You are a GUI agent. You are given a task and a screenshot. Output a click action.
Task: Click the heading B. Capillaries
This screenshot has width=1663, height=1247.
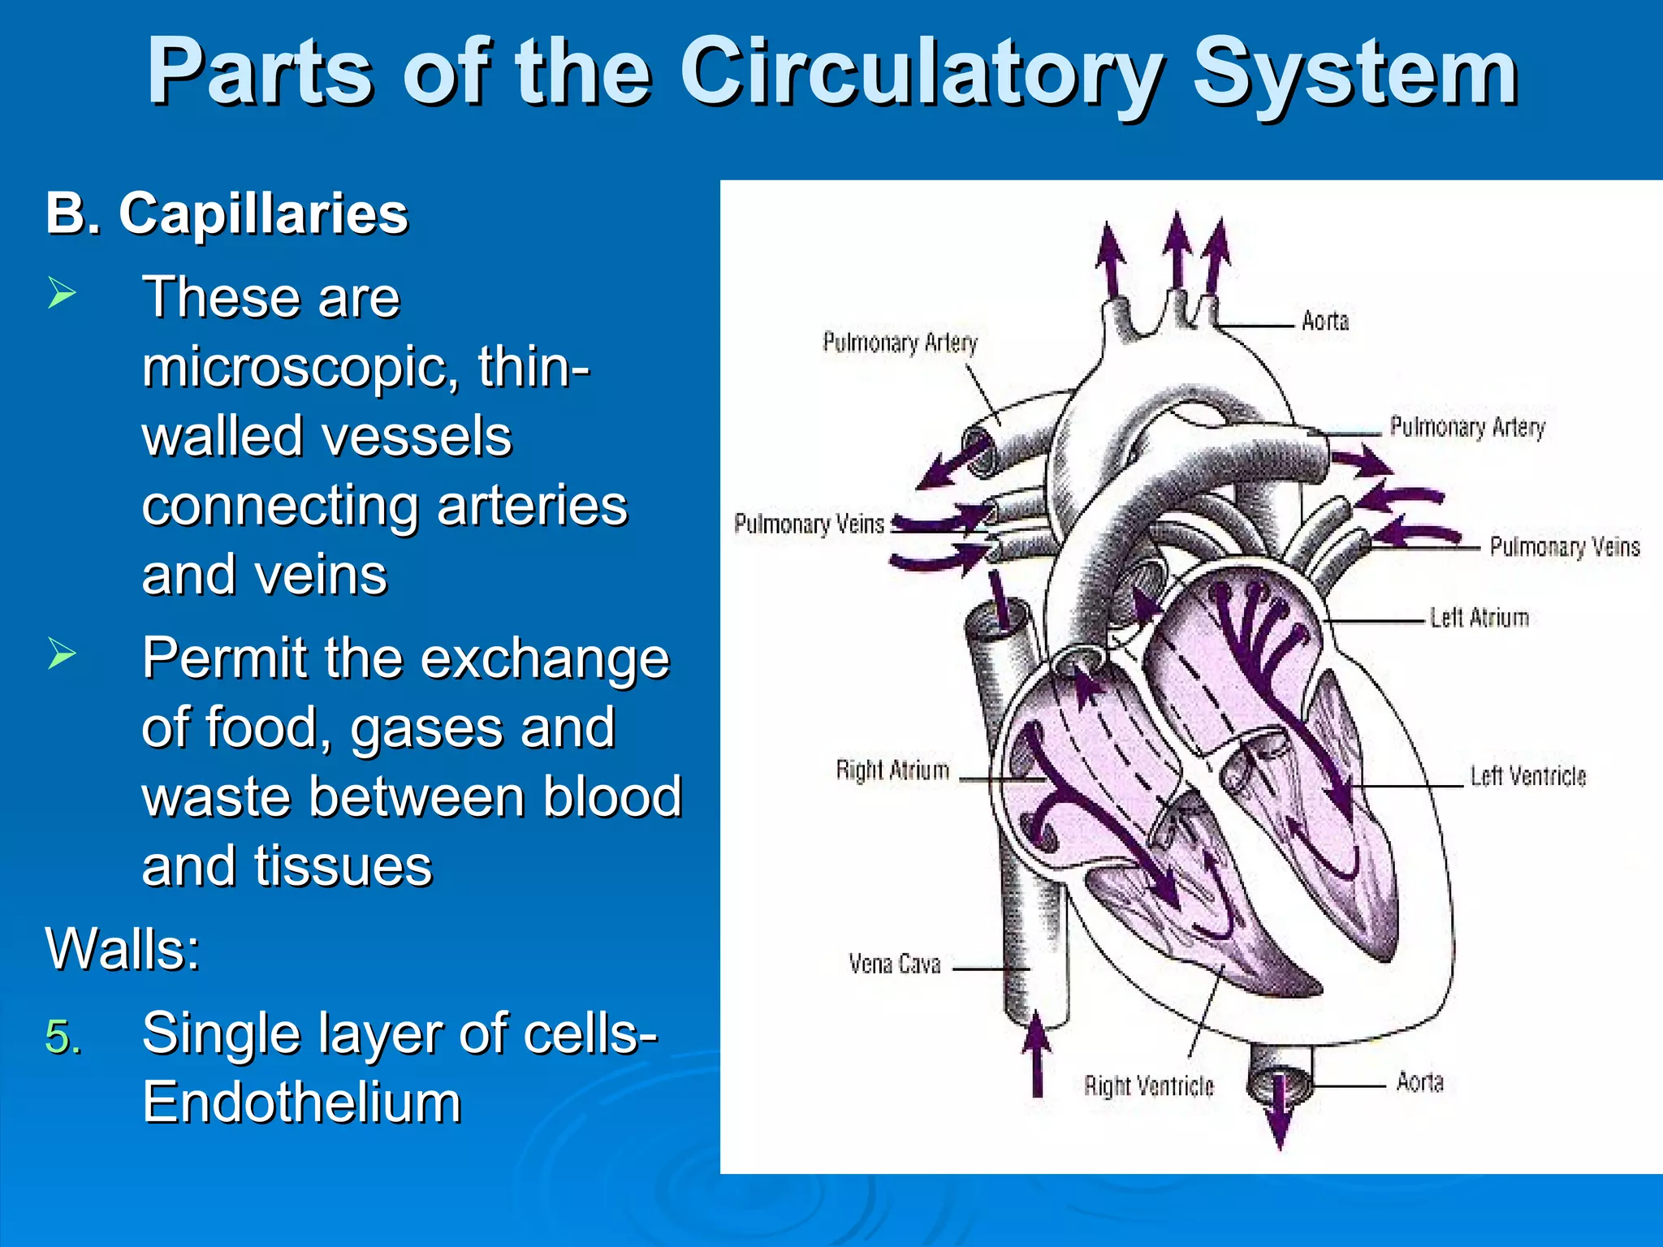[227, 214]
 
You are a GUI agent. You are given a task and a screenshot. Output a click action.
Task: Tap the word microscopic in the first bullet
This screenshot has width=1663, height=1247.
[293, 368]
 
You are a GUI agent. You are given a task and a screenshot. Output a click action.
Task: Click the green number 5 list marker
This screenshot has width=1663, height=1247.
[63, 1038]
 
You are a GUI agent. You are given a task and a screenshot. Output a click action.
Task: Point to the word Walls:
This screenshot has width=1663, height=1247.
[123, 948]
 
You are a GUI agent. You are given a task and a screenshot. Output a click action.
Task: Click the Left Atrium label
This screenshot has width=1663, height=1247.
[1479, 619]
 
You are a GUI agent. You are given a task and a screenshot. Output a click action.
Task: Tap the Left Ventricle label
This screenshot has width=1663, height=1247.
[1527, 777]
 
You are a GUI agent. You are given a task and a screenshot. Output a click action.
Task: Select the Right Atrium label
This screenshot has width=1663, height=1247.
[892, 770]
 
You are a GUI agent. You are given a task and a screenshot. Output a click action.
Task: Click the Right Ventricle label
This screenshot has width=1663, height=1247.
[1148, 1086]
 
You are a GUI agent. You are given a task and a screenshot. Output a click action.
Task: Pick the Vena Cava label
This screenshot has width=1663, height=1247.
[894, 964]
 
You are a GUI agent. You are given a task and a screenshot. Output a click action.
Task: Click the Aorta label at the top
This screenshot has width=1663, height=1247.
[1324, 321]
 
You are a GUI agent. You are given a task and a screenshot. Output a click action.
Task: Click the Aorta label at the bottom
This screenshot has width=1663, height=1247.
[1419, 1082]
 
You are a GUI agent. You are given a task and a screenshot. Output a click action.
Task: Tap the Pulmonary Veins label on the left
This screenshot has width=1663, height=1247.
[809, 524]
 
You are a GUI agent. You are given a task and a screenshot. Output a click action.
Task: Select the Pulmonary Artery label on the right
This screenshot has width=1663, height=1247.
[1466, 427]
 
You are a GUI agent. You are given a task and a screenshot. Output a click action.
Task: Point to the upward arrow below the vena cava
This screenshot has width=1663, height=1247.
[1037, 1055]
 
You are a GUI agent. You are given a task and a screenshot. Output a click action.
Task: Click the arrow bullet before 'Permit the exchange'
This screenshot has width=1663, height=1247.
[62, 654]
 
